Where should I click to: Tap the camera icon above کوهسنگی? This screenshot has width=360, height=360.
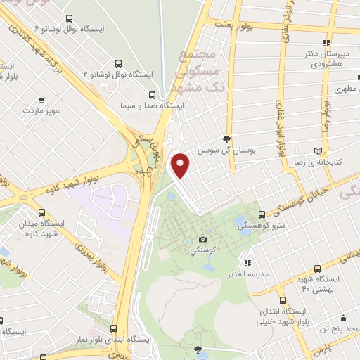pyautogui.click(x=204, y=239)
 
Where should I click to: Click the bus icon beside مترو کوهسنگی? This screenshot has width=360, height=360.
pyautogui.click(x=262, y=214)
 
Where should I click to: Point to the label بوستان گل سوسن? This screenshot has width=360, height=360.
pyautogui.click(x=224, y=150)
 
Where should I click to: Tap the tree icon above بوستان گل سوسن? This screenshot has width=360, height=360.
pyautogui.click(x=226, y=139)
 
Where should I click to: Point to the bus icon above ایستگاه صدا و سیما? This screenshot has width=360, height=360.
pyautogui.click(x=153, y=94)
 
